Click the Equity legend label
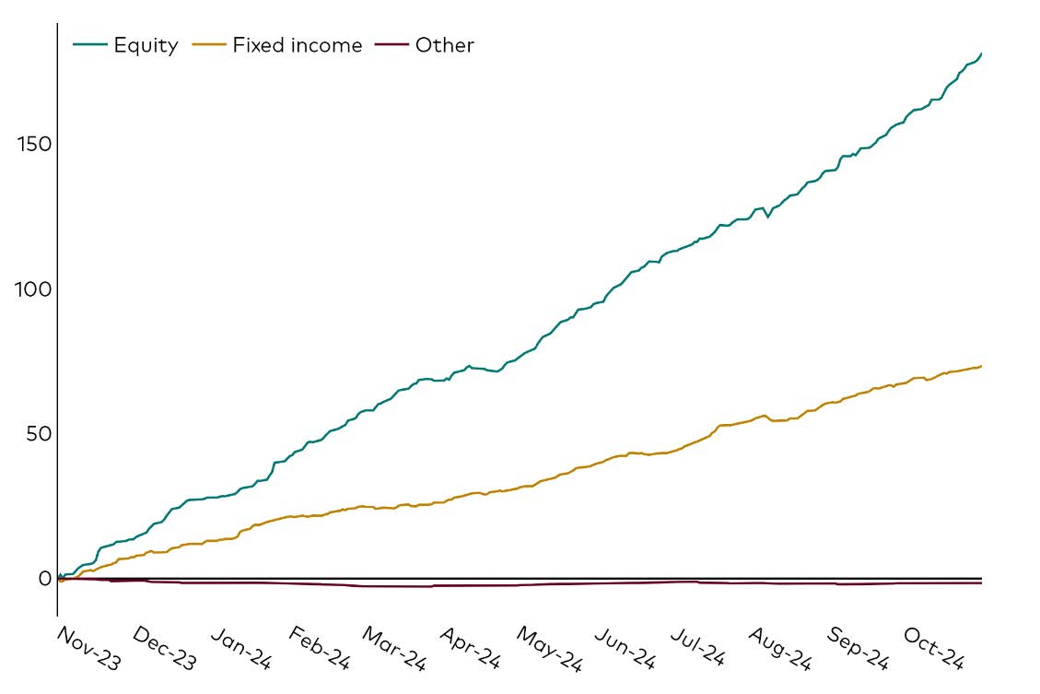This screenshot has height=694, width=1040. tap(146, 45)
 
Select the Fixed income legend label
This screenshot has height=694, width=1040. tap(297, 45)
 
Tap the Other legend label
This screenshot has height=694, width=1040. tap(444, 45)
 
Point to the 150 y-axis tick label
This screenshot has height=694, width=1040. tap(34, 145)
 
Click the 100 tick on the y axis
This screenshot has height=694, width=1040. tap(34, 289)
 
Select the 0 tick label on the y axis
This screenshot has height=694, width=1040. tap(44, 578)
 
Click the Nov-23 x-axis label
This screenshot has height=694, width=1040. tap(88, 648)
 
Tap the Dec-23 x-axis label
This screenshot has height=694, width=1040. tap(165, 648)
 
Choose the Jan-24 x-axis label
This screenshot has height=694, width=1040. tap(242, 648)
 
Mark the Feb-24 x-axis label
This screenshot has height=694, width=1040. tap(320, 648)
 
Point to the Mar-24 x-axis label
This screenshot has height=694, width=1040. tap(394, 648)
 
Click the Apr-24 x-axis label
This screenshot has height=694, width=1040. tap(471, 648)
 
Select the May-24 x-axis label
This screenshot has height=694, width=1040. tap(549, 648)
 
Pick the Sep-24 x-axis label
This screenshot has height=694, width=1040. tap(858, 648)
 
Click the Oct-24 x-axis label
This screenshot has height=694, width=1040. tap(934, 648)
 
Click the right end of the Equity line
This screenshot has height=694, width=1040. tap(981, 53)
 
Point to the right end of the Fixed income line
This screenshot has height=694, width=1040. tap(981, 366)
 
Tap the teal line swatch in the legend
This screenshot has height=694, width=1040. tap(89, 45)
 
